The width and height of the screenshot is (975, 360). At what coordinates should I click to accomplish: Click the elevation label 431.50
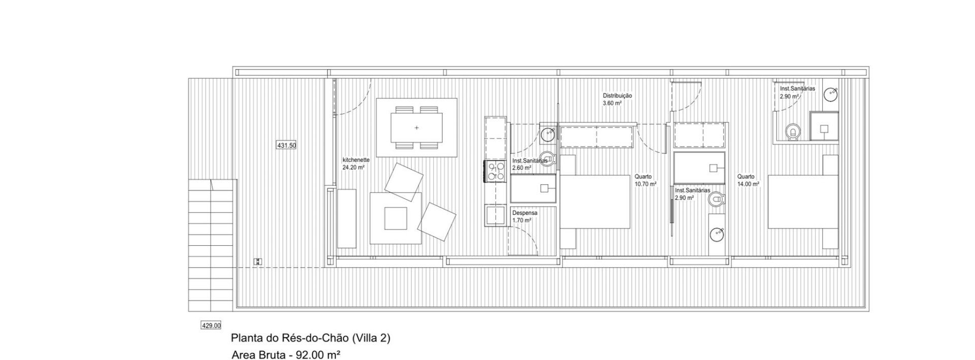point(286,145)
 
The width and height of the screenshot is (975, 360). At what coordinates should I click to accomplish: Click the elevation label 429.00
point(211,325)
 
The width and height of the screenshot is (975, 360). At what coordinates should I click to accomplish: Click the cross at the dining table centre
point(416,127)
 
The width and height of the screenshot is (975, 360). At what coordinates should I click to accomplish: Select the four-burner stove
point(496,171)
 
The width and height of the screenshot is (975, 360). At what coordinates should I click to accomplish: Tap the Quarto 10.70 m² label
point(645,180)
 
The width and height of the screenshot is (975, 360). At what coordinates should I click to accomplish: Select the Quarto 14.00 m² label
point(749,180)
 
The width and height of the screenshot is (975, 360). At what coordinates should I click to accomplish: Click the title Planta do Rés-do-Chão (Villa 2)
point(311,338)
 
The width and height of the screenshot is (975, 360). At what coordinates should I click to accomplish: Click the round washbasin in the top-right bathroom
point(831,94)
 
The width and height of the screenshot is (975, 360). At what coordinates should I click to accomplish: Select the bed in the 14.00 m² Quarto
point(802,202)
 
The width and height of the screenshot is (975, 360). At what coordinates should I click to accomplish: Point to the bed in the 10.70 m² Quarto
point(595,202)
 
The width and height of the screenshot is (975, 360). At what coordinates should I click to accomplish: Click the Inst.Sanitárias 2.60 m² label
point(529,164)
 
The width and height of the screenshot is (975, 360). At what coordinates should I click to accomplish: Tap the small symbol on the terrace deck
point(258,261)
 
